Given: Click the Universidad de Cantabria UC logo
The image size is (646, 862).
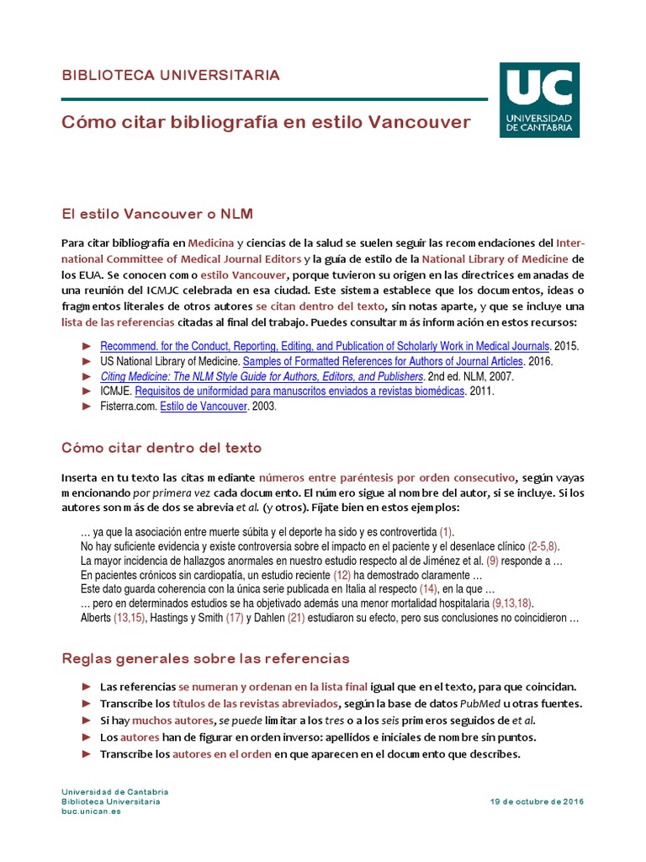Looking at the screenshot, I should tap(538, 100).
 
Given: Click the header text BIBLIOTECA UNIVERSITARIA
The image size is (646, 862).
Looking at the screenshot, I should tap(171, 76).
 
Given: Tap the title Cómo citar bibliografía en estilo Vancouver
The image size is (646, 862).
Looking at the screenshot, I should tap(266, 123).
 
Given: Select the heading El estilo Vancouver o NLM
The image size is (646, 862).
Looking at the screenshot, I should tap(157, 213).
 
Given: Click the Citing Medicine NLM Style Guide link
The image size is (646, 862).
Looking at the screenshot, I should tap(262, 376).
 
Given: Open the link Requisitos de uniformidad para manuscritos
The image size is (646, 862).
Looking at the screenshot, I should tap(299, 391).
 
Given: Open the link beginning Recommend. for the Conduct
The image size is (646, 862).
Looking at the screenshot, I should tap(325, 346).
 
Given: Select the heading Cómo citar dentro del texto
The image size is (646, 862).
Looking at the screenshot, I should tap(161, 447).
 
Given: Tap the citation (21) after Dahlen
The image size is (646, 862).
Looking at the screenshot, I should tap(296, 618).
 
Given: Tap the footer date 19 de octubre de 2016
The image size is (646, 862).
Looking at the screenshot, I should tap(537, 801).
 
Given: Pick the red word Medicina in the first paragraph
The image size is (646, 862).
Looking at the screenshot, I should tap(211, 242).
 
